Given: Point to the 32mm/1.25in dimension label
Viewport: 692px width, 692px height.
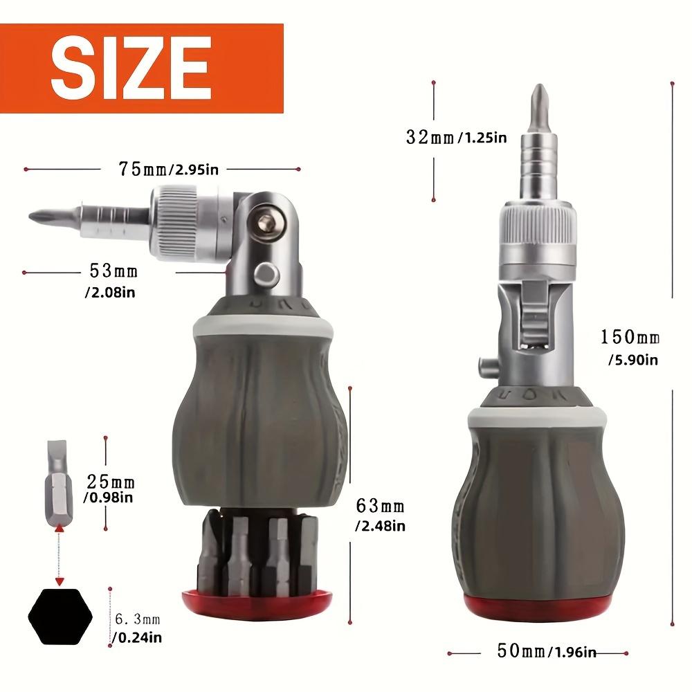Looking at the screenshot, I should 456,137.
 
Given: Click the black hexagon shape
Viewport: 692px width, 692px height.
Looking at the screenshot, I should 60,614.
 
